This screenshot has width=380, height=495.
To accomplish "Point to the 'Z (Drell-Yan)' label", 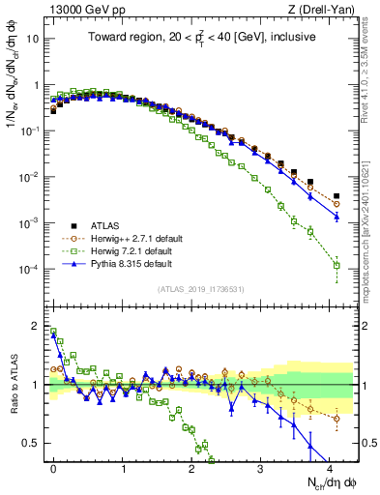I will click(324, 11).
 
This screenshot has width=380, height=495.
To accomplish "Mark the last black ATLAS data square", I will click(336, 196).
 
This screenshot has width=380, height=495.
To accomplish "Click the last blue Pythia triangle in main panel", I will click(336, 217).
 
